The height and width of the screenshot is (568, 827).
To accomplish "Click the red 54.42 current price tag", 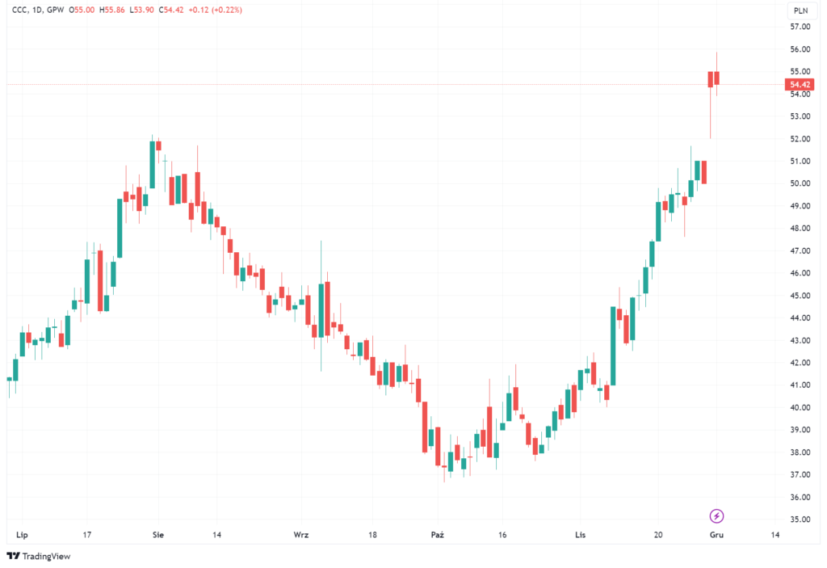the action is click(x=800, y=85).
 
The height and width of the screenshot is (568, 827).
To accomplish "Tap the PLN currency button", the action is click(x=800, y=10).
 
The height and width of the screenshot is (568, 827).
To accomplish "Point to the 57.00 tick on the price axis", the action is click(x=800, y=27).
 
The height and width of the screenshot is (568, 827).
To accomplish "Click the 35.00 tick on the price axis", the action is click(x=800, y=520).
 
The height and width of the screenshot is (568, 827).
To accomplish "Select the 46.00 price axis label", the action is click(x=800, y=273).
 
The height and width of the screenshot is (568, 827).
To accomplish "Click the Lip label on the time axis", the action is click(x=22, y=535).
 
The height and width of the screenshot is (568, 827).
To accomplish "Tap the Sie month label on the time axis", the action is click(x=158, y=535).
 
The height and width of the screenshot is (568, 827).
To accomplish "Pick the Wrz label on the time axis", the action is click(x=300, y=535).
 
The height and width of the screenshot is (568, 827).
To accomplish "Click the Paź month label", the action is click(x=437, y=535).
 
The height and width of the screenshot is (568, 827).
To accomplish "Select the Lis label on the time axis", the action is click(x=580, y=535).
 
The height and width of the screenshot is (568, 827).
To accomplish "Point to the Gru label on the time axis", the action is click(x=716, y=535).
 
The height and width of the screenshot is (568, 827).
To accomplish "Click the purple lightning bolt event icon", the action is click(x=716, y=515).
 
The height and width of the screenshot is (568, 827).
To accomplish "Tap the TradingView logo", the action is click(x=39, y=556).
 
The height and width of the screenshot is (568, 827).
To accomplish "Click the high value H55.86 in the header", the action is click(x=111, y=10).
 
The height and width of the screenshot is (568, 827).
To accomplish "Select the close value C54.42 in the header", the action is click(x=171, y=10).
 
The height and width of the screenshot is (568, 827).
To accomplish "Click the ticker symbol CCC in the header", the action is click(x=19, y=10).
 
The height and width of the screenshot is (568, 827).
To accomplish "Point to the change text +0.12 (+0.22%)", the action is click(x=215, y=10).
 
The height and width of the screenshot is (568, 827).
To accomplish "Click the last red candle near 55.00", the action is click(x=717, y=78).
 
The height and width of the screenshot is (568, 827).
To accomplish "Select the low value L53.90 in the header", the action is click(x=141, y=10).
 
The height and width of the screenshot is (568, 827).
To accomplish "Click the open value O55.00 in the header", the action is click(x=82, y=10).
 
